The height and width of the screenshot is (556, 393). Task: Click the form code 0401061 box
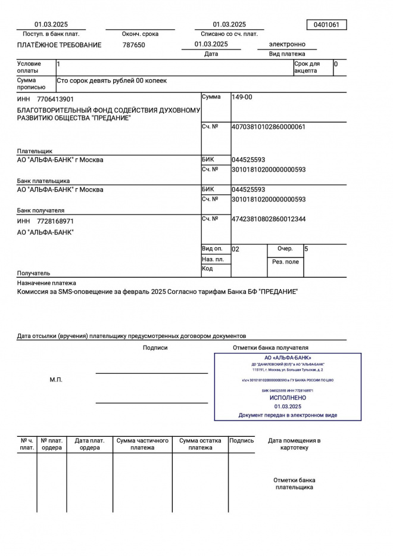326,24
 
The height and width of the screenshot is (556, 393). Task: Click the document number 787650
133,45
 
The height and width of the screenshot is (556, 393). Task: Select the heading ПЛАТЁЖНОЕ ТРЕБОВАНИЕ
59,45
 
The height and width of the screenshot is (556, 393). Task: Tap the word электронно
287,44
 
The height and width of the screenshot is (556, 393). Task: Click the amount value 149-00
242,97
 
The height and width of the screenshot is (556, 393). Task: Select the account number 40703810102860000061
268,127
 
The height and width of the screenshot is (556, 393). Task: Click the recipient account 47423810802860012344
269,219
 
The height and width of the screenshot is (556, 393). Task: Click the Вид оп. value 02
235,249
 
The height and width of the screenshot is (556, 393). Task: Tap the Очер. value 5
306,249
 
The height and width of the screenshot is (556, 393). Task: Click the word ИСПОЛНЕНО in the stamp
288,397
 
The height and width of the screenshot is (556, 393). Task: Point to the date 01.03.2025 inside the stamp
288,406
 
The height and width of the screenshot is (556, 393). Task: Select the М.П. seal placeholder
56,380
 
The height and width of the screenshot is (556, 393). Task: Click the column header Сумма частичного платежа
142,444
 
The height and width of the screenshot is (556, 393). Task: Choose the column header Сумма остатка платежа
200,444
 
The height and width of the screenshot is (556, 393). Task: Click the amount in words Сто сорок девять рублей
112,80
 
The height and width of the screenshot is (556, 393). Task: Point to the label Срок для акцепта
307,67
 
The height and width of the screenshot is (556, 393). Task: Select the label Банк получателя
40,210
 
